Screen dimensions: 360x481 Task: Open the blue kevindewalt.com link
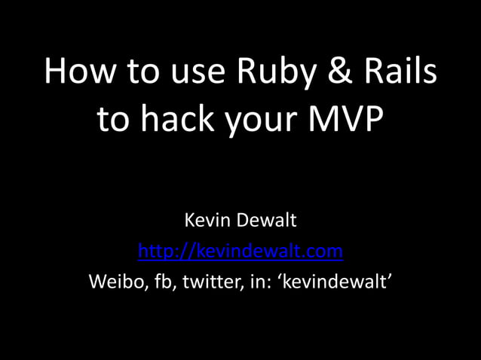tap(240, 251)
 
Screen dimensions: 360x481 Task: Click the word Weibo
tap(112, 281)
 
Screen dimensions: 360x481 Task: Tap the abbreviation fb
tap(157, 281)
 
